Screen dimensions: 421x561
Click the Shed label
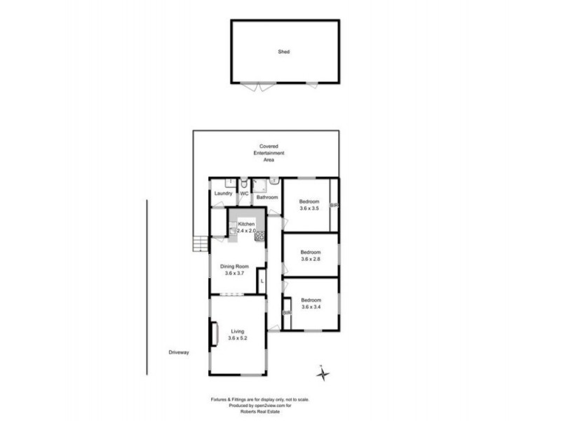(x=284, y=51)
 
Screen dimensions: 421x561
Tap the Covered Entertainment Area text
(x=268, y=153)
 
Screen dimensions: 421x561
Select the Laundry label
(x=224, y=194)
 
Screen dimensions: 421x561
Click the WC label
(x=245, y=194)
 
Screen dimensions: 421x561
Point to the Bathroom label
(x=267, y=197)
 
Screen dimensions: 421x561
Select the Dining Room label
(x=235, y=267)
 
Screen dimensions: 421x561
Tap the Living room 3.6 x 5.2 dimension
(x=238, y=338)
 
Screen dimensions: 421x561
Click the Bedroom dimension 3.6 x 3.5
(x=309, y=208)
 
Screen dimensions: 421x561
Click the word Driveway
(x=180, y=352)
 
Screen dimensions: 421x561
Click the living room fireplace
(x=213, y=333)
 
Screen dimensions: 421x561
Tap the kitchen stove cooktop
(x=259, y=236)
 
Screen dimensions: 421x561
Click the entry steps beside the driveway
(x=201, y=243)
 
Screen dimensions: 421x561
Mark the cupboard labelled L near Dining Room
(x=262, y=281)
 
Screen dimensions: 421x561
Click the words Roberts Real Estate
(x=249, y=411)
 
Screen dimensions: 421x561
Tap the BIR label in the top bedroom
(x=334, y=205)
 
